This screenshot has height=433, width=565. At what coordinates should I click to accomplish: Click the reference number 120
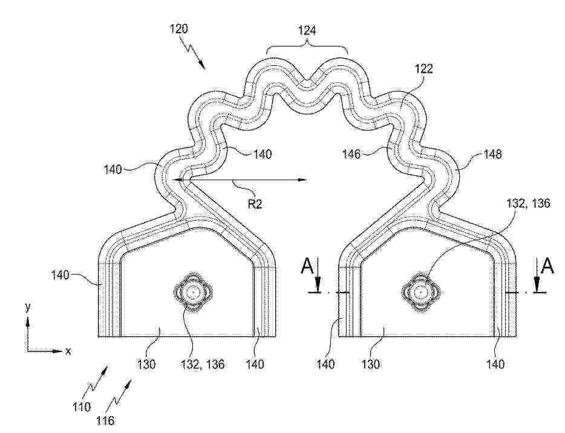pos(178,28)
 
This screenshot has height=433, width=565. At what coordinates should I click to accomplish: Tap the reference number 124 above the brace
pos(307,30)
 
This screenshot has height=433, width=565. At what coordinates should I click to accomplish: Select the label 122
pos(423,68)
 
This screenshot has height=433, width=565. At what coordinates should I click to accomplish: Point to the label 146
pos(351,154)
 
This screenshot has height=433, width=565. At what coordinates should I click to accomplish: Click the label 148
pos(492,154)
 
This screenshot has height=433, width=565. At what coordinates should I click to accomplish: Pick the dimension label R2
pos(255,204)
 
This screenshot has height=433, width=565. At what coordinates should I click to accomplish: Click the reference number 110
pos(82,407)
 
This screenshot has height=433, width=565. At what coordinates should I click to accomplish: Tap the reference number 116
pos(106,420)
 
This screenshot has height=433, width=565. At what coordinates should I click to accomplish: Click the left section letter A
pos(307,267)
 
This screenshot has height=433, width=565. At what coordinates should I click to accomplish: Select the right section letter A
pos(547,267)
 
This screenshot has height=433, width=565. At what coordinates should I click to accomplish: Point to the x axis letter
pos(68,351)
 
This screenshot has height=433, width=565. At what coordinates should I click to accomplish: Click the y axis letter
pos(28,307)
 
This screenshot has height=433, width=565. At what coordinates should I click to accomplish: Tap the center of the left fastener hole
pos(193,291)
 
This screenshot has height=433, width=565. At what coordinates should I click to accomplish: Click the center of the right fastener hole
pos(420,291)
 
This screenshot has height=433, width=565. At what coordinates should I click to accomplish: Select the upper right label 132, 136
pos(528,204)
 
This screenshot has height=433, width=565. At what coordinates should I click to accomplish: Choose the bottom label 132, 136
pos(203,364)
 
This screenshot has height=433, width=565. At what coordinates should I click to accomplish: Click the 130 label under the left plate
pos(146,364)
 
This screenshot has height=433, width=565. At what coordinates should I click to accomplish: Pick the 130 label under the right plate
pos(371,364)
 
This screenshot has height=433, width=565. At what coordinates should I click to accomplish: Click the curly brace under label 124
pos(307,48)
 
